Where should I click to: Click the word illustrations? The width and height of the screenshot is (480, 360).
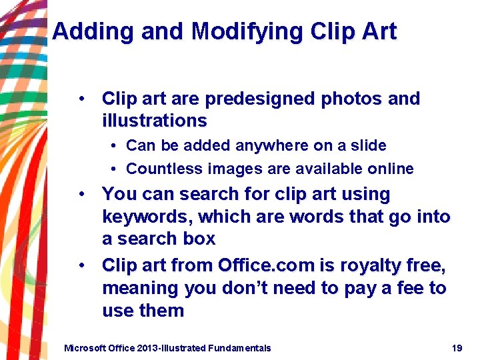point(154,121)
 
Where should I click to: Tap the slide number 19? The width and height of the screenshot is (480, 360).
point(457,347)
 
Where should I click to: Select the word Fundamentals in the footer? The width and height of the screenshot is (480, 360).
point(239,347)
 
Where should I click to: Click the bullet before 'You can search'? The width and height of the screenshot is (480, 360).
point(81,194)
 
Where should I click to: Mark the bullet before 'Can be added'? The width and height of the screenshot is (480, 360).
point(115,145)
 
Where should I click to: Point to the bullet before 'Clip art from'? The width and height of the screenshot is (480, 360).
point(81,265)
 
